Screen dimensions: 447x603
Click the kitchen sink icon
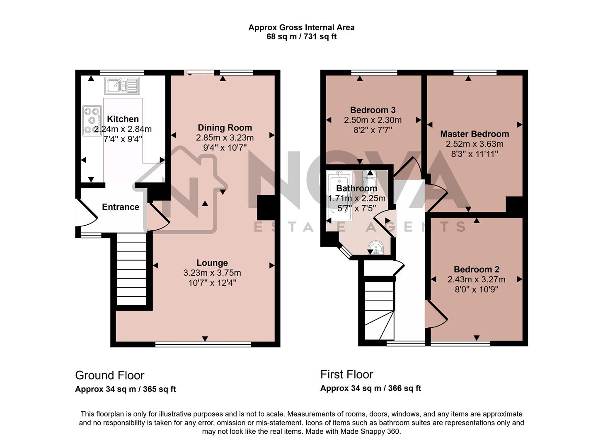(122, 86)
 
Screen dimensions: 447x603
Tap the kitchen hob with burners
(92, 120)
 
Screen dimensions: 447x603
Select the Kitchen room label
(123, 119)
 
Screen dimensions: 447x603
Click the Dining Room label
(225, 127)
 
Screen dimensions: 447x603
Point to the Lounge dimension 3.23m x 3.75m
(212, 273)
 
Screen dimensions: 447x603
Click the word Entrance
(121, 207)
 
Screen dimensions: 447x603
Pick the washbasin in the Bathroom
(376, 248)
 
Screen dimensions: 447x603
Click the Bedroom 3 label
(373, 110)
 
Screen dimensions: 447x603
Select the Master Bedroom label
(475, 134)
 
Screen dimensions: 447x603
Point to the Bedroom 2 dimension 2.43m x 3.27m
(476, 279)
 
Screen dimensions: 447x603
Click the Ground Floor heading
(109, 375)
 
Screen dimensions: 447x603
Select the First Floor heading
(346, 375)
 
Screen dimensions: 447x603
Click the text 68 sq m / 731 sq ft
(301, 37)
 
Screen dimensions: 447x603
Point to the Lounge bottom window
(203, 344)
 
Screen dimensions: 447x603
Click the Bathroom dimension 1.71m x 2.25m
(357, 198)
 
